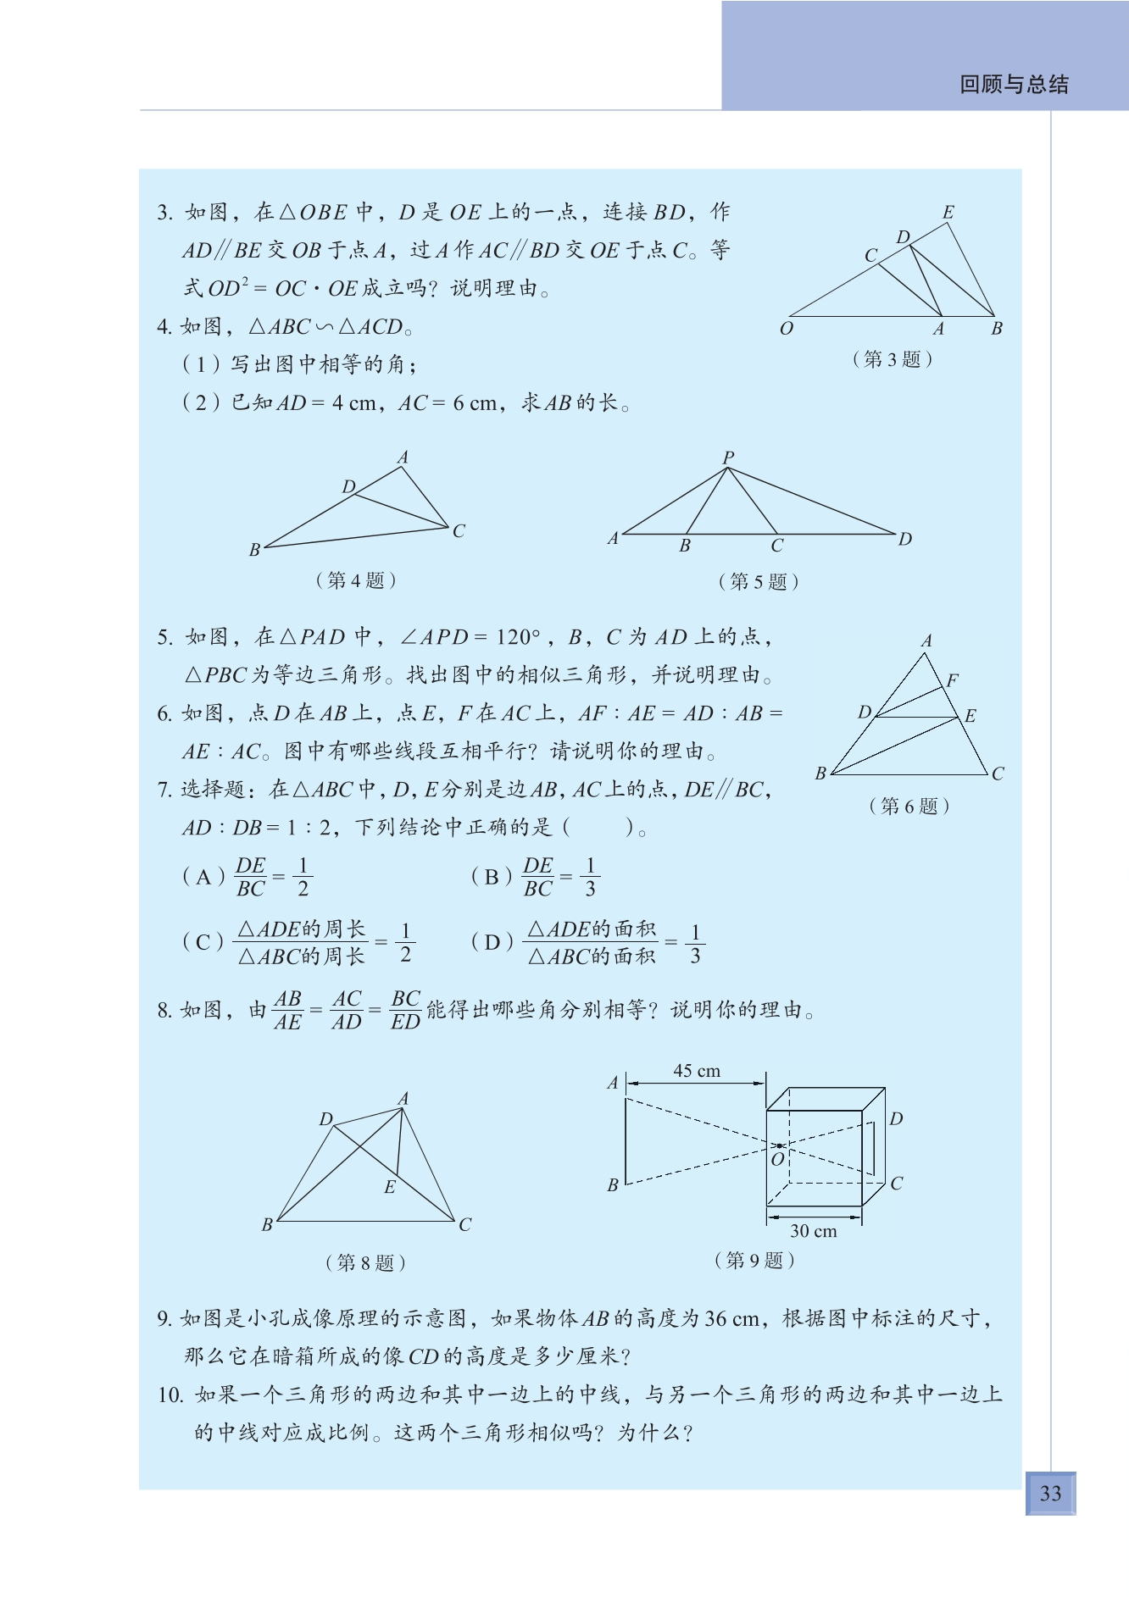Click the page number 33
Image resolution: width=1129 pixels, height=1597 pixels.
1050,1493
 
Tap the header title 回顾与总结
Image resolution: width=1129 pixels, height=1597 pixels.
1014,84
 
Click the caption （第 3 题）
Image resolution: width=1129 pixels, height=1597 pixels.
892,359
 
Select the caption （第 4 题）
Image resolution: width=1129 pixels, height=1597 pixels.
355,580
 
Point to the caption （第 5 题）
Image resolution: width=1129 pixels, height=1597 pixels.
758,581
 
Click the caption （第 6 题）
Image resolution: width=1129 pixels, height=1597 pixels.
909,806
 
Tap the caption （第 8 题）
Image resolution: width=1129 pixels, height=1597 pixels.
365,1262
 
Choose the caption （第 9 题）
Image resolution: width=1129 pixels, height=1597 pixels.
754,1260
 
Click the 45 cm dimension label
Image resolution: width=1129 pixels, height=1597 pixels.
697,1071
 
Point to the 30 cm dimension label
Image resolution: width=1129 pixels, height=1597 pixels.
813,1231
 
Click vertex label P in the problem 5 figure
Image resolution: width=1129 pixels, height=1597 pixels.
728,457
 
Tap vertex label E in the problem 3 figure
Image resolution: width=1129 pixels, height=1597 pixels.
948,213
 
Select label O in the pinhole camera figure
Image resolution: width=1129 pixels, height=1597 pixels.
777,1159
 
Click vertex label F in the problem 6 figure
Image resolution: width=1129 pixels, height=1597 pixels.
953,679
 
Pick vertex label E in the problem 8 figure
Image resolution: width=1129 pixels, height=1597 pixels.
390,1187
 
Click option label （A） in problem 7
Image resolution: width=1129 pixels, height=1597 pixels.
203,877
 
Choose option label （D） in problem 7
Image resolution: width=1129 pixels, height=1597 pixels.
492,942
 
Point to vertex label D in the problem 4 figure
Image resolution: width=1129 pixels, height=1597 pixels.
348,486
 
